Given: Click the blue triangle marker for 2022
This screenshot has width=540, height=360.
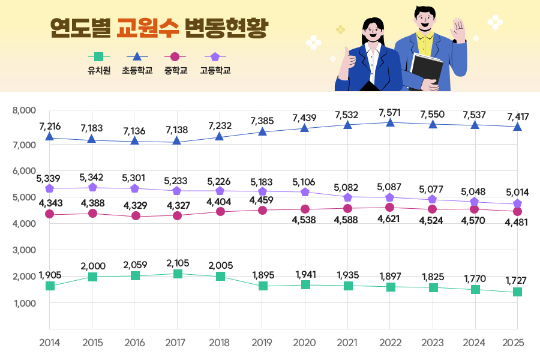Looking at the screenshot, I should (x=390, y=122).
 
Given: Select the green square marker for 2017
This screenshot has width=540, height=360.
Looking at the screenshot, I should (x=178, y=274).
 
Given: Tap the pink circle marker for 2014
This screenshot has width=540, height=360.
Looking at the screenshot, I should (x=50, y=214).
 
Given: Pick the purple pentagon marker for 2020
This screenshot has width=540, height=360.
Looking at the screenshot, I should (x=305, y=192).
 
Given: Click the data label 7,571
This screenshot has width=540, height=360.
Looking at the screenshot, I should (x=390, y=112).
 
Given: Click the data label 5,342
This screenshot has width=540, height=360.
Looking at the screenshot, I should (x=92, y=177).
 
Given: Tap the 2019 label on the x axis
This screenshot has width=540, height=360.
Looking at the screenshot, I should (x=262, y=343).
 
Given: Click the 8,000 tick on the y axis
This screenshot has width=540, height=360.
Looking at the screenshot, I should (x=25, y=110).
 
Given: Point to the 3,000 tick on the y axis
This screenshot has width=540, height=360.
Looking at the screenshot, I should (x=25, y=250).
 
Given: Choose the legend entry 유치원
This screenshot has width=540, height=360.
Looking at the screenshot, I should (x=100, y=70).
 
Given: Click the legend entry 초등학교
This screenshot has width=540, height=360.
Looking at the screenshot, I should (x=137, y=70).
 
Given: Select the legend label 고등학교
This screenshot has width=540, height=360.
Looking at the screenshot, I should (x=215, y=70).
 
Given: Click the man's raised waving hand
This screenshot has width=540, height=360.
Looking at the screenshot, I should (x=459, y=30).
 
